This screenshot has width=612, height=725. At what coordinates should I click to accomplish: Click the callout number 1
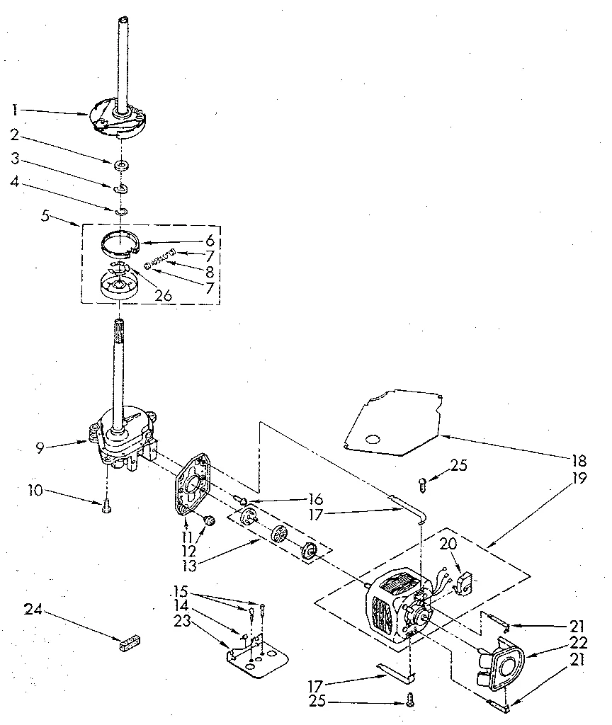(x=14, y=110)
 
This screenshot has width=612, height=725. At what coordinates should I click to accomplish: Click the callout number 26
(x=164, y=296)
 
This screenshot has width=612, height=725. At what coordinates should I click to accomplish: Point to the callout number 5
(x=45, y=217)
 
